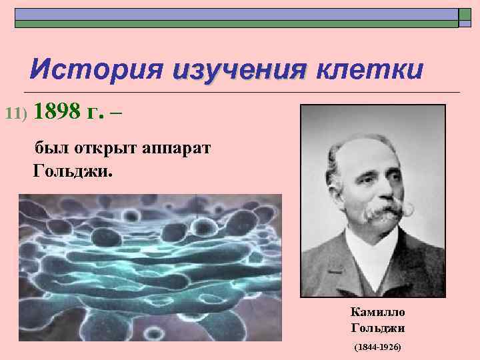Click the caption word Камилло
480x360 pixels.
[377, 312]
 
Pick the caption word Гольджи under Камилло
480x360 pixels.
[377, 328]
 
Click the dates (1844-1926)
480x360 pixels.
[377, 348]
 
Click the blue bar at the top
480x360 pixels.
[237, 14]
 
